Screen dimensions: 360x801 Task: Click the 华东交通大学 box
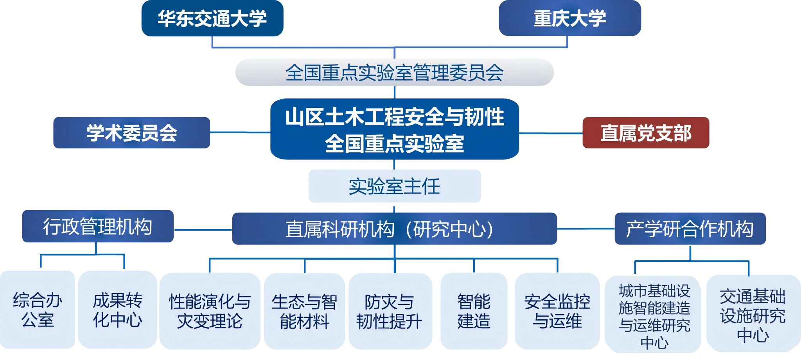tap(212, 18)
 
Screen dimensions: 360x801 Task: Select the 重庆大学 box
tap(569, 18)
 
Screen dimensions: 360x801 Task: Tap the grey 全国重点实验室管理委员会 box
tap(394, 72)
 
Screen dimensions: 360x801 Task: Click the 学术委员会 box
tap(131, 133)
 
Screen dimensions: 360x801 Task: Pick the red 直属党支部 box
tap(645, 133)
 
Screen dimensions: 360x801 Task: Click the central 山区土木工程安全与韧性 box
tap(394, 129)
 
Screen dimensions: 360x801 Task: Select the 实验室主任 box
tap(394, 186)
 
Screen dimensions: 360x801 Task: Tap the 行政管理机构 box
tap(97, 226)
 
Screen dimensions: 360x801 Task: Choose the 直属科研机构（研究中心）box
tap(394, 229)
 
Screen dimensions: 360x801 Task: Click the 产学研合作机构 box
tap(690, 229)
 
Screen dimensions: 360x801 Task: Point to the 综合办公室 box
tap(38, 310)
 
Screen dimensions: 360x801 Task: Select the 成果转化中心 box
tap(117, 310)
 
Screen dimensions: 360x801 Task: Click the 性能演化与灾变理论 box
tap(210, 311)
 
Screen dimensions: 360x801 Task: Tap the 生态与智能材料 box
tap(304, 311)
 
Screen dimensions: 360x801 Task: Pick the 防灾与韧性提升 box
tap(390, 311)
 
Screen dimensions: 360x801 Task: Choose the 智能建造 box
tap(474, 311)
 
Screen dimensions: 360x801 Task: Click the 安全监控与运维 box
tap(557, 311)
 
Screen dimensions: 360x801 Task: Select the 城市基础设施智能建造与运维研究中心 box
tap(654, 315)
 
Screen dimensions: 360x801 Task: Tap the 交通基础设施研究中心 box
tap(753, 314)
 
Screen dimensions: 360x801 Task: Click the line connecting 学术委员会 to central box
tap(240, 133)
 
